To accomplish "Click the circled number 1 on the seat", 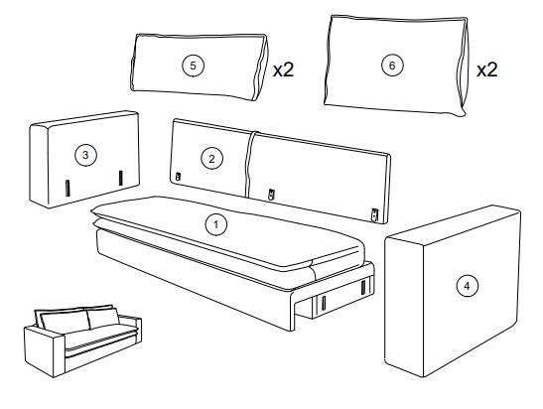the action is [x=216, y=224].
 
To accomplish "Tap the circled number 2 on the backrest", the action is [x=211, y=159].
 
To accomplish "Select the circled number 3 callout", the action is [x=86, y=155].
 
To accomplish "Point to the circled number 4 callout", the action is [x=468, y=286].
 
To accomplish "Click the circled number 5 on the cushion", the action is [x=193, y=66].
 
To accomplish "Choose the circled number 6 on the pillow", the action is [x=392, y=66].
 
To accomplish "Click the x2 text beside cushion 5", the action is [x=283, y=69].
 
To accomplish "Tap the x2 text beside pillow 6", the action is [x=486, y=69].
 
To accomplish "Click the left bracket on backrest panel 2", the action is [x=178, y=177].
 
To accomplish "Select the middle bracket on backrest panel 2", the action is [x=272, y=195].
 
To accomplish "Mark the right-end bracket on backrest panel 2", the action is [x=374, y=214].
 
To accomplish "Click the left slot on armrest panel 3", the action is [x=68, y=188].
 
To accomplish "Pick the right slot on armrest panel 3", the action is [x=120, y=178].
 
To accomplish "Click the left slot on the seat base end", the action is [x=324, y=303].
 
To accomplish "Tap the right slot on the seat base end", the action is [x=363, y=287].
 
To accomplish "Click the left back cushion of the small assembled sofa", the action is [x=65, y=322].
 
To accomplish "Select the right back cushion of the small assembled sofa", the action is [x=103, y=318].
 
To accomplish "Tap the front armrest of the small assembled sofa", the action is [x=45, y=351].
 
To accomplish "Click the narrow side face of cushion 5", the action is [x=261, y=68].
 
